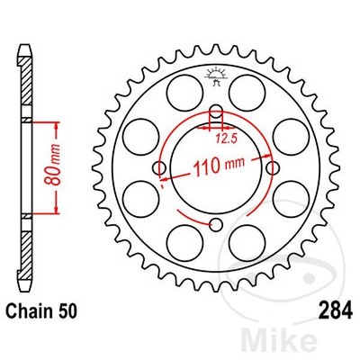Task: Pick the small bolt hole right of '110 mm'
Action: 271,168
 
